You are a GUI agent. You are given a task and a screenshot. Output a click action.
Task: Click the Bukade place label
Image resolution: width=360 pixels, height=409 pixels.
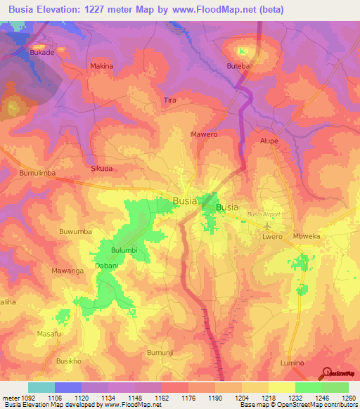tap(42, 52)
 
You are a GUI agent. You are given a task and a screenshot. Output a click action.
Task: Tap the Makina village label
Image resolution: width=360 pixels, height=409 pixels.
tap(102, 66)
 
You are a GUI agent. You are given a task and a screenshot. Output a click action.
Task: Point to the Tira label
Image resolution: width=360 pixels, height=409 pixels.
tap(169, 100)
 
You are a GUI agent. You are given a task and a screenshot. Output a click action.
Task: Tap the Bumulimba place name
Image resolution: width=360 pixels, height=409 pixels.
tap(37, 172)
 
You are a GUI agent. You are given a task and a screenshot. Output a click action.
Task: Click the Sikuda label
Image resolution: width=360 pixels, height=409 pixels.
tap(103, 169)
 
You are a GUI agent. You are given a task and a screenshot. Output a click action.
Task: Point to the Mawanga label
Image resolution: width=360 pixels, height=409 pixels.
tap(67, 271)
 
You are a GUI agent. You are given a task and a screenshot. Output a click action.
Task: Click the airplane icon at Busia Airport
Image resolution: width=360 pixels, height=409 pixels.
tap(268, 226)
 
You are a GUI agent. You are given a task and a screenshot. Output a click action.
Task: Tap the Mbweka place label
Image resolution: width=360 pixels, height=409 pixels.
tap(307, 236)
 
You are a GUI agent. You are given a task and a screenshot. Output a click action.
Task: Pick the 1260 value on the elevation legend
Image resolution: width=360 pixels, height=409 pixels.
tap(347, 398)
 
